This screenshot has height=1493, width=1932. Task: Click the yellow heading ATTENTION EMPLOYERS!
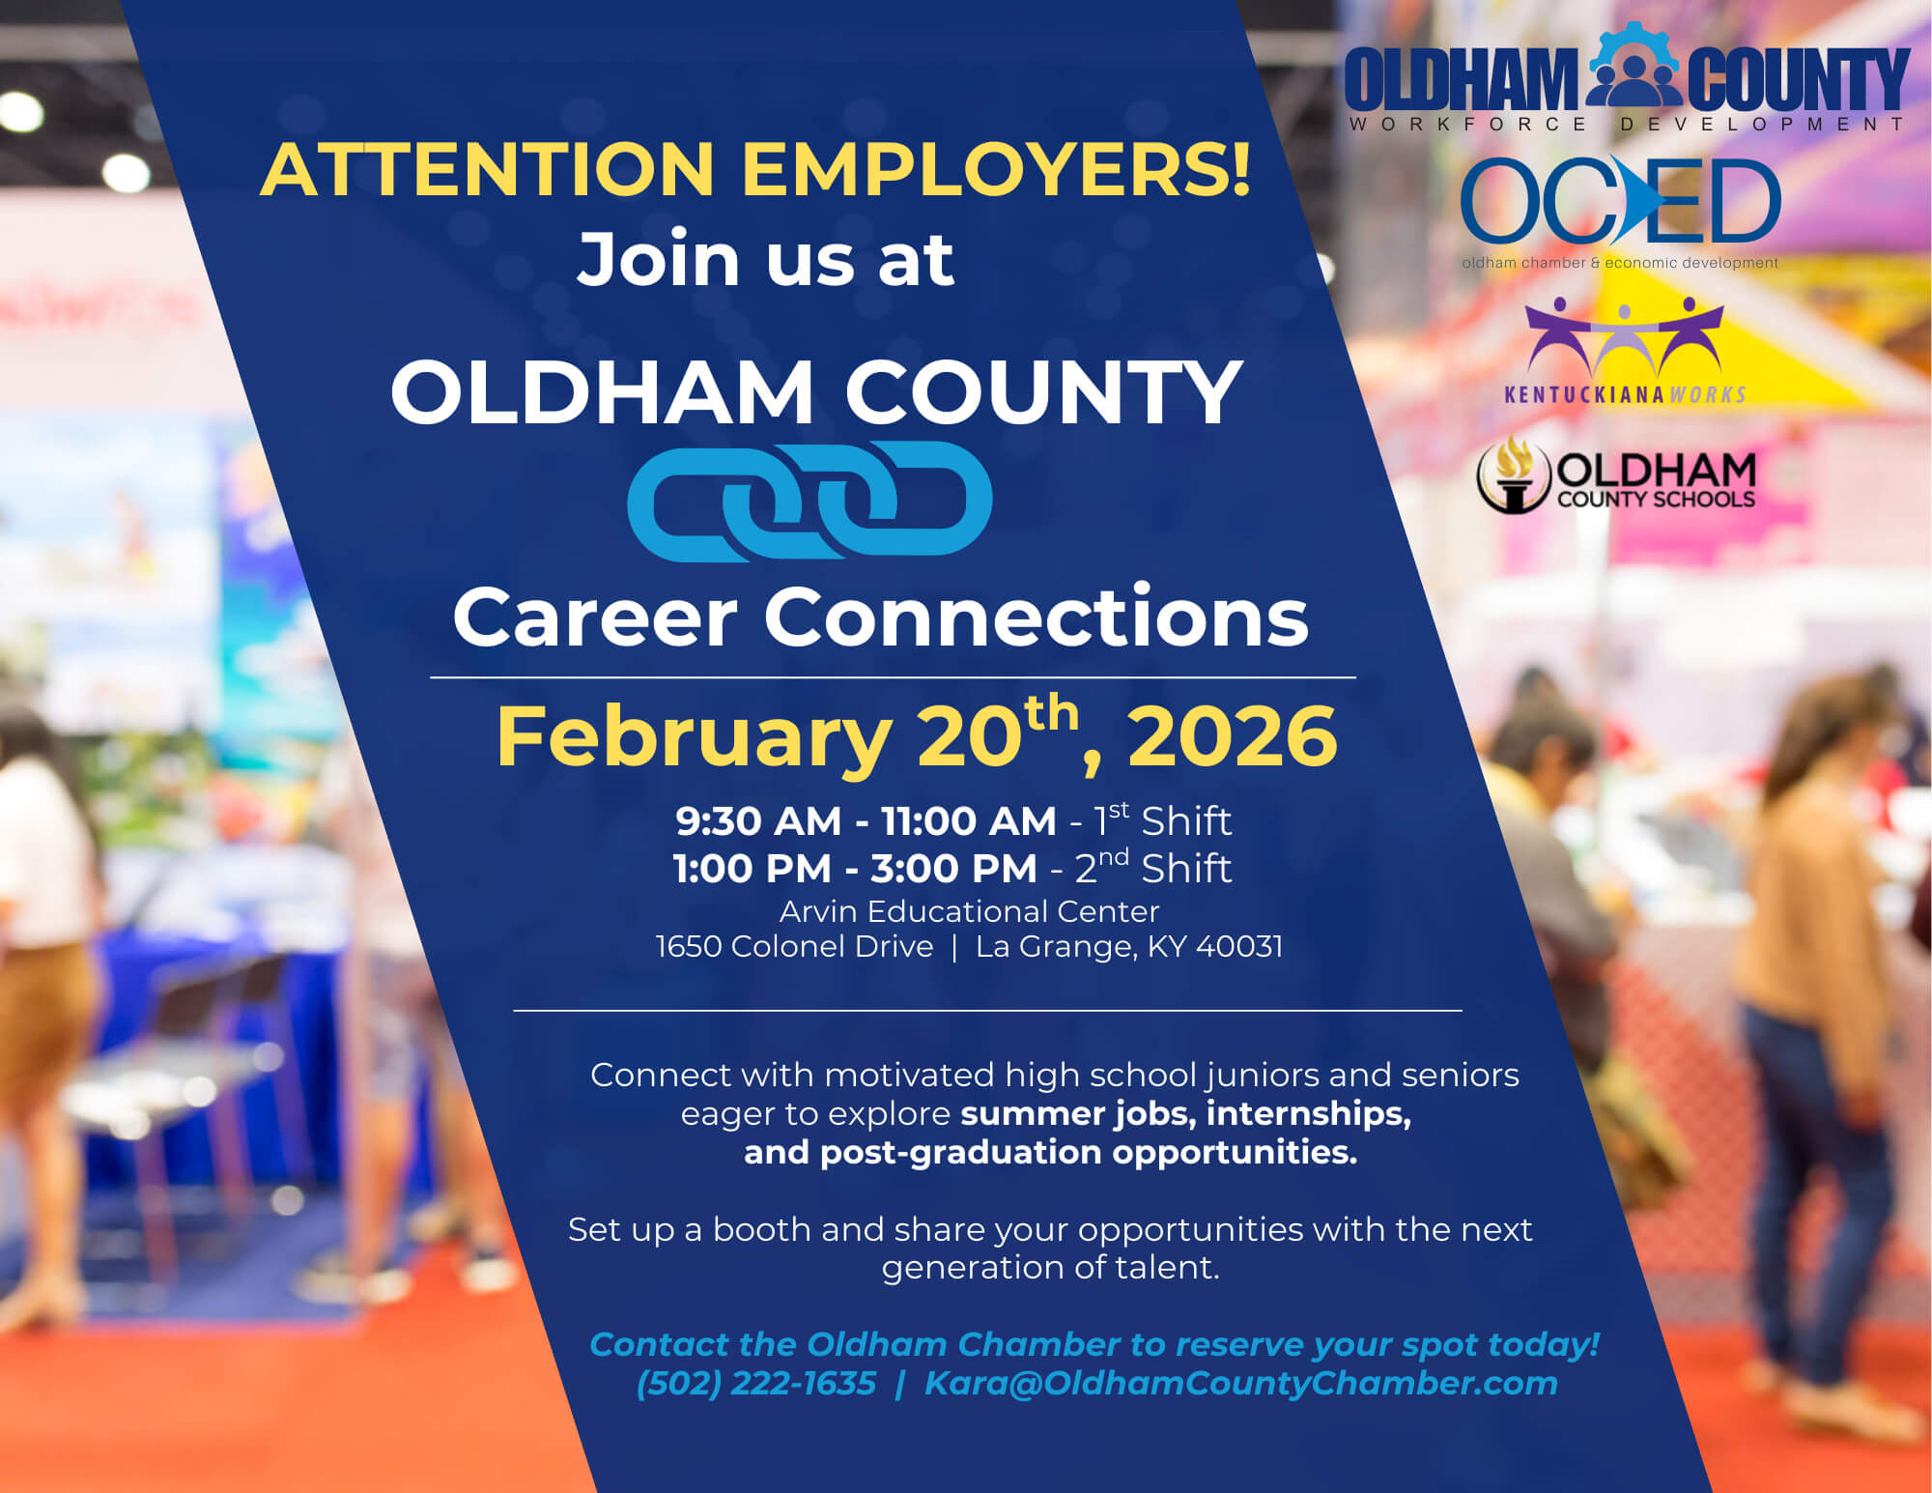[755, 170]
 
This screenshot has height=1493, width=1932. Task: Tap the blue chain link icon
[810, 500]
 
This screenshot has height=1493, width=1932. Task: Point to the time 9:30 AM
[758, 821]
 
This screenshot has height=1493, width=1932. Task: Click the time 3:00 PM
[953, 869]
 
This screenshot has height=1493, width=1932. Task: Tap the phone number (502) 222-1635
[756, 1383]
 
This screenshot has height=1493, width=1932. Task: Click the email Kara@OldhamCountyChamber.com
[1240, 1383]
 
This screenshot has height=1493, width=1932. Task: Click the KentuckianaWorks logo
[1625, 350]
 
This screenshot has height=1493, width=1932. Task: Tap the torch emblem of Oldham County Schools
[1513, 474]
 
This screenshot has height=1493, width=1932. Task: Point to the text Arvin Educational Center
[969, 911]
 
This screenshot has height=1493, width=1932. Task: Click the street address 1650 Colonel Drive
[794, 946]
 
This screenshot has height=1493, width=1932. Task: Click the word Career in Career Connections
[595, 618]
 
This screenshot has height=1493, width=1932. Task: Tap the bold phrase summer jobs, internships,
[1185, 1113]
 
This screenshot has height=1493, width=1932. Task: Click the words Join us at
[765, 259]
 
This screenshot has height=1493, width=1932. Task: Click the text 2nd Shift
[1152, 868]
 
